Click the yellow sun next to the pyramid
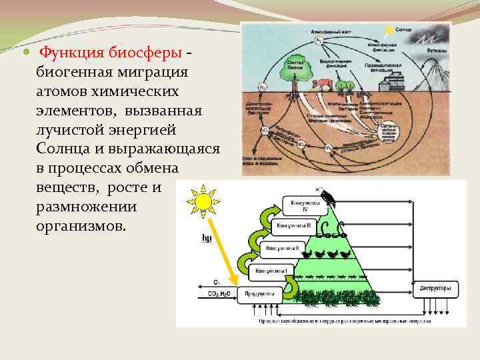click(x=203, y=199)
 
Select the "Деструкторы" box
click(x=436, y=289)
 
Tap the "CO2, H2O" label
click(x=221, y=293)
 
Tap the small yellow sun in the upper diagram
click(x=389, y=31)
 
